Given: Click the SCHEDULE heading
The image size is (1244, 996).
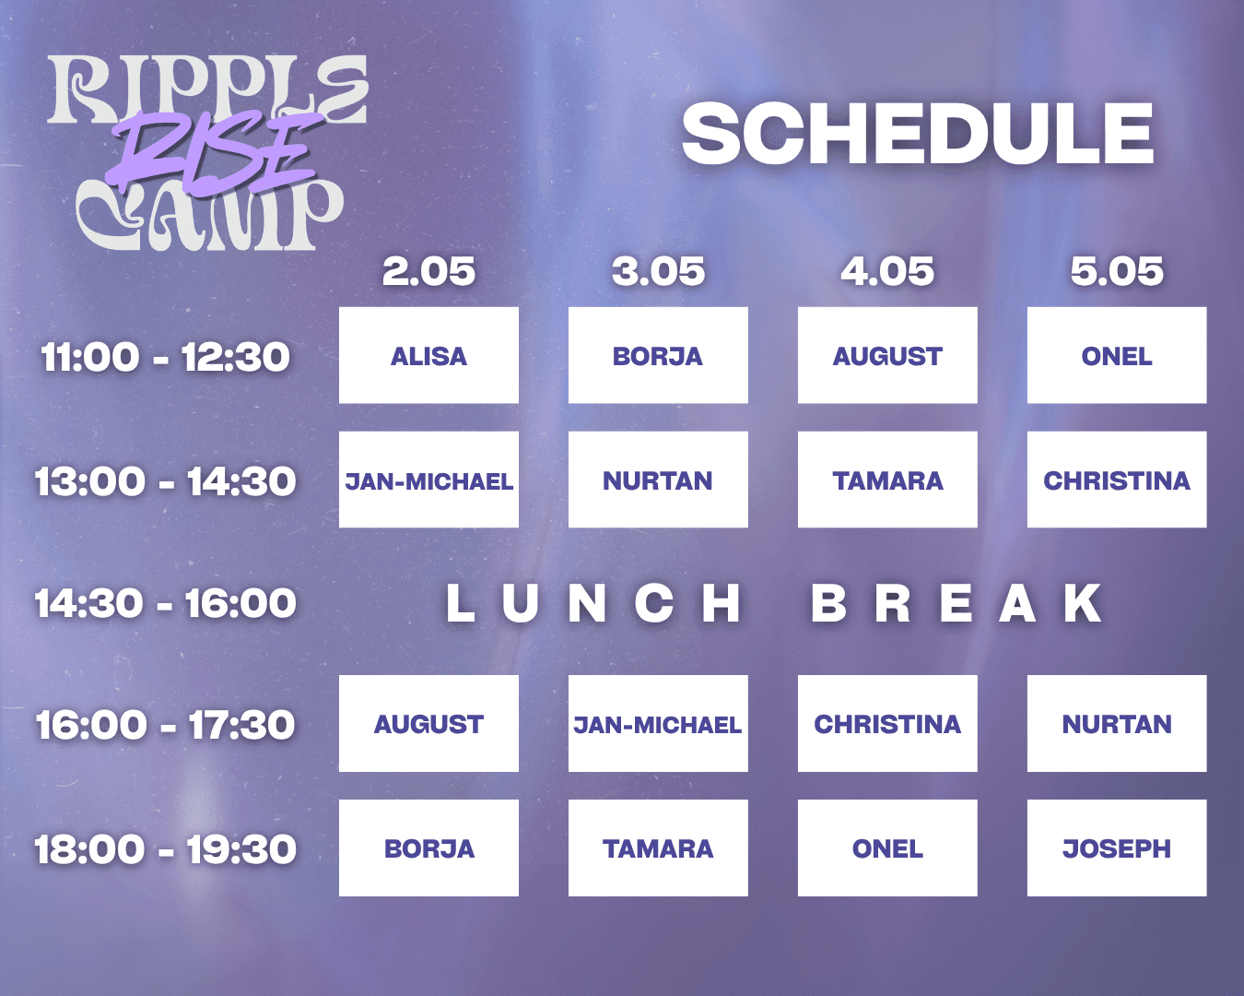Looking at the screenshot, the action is coord(918,134).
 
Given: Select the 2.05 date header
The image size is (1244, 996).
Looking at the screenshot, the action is coord(428,271).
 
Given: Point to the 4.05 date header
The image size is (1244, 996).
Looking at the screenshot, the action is coord(887,271).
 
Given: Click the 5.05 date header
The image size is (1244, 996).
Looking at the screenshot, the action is coord(1117,271).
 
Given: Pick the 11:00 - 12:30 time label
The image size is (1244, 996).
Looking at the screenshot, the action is coord(165,357).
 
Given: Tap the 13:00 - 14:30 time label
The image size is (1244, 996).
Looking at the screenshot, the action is coord(165,480).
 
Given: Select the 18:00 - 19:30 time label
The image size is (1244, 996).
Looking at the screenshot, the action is coord(165,849).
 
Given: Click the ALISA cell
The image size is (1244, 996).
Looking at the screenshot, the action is coord(428,355).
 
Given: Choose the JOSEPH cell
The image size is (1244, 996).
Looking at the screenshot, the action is coord(1117,848).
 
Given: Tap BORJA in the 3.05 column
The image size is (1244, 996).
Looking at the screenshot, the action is coord(658,355).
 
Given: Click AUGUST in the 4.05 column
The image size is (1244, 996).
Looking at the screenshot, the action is coord(887,355).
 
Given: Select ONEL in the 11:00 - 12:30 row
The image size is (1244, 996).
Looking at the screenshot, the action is coord(1117,355).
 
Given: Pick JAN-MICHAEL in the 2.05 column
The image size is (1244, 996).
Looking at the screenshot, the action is coord(428,480).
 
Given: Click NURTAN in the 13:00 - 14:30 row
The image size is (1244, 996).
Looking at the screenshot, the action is coord(658,480).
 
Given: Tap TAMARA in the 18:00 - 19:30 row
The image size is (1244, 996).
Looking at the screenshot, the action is coord(658,848).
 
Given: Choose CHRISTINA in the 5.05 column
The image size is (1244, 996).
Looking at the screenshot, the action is coord(1117,480).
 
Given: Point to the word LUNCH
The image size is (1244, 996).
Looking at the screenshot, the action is coord(593,603).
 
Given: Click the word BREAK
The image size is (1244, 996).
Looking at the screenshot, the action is coord(956,603).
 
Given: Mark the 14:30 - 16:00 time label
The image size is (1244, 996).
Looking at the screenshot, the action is coord(165,603).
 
